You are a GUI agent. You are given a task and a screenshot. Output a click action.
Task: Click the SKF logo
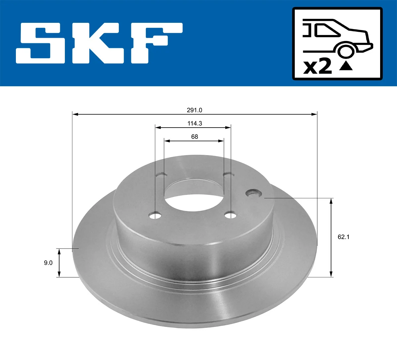point(99,43)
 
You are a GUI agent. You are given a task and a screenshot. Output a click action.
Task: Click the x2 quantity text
point(317,66)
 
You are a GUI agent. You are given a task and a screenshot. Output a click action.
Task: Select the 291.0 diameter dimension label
point(195,110)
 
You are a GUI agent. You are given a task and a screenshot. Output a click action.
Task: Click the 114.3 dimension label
point(195,124)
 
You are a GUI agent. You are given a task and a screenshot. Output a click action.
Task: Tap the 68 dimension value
point(195,137)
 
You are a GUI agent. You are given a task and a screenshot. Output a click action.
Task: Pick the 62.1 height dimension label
point(343,237)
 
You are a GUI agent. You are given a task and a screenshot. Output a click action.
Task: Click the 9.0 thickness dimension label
point(48,263)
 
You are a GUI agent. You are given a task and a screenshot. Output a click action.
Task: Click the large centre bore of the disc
point(195,195)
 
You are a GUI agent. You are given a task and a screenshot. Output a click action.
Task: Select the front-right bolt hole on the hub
point(231,216)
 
